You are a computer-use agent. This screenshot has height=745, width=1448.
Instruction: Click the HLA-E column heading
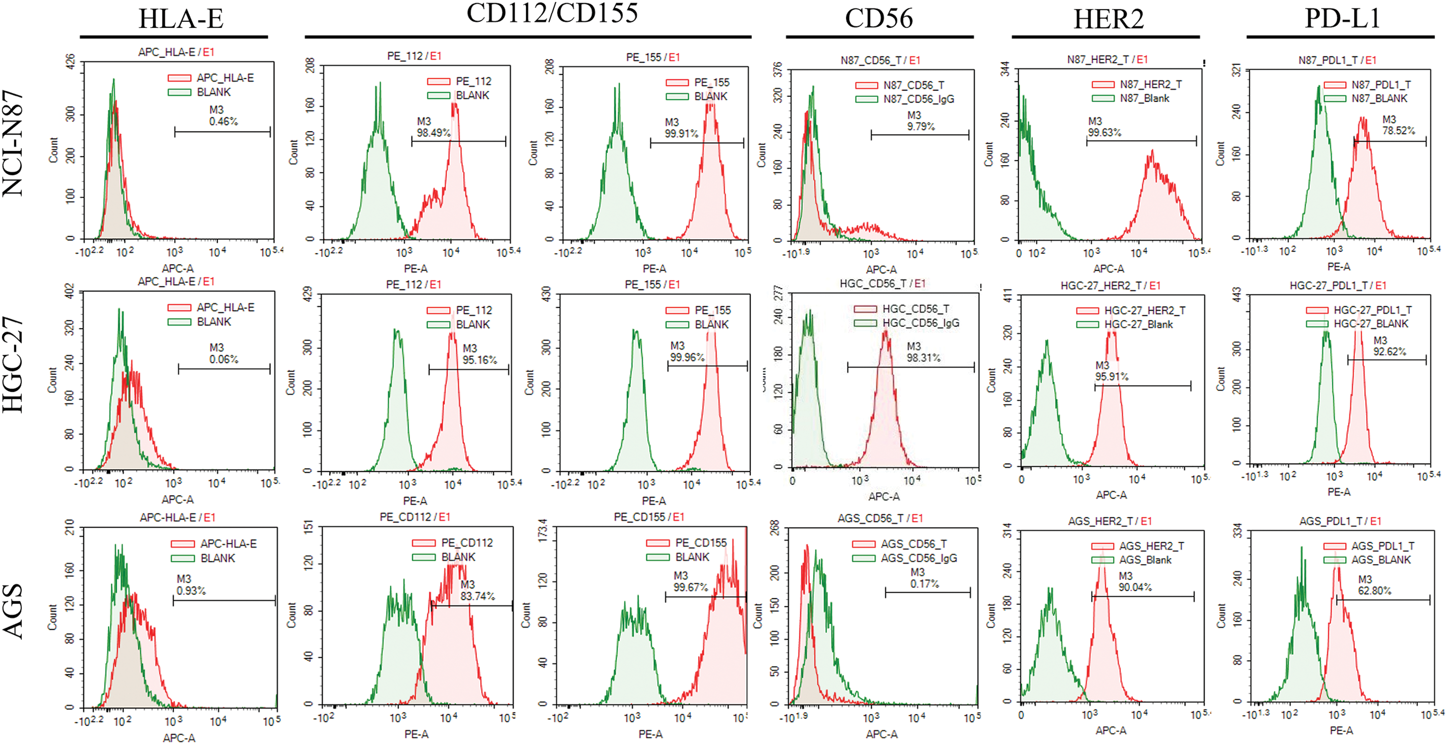180,19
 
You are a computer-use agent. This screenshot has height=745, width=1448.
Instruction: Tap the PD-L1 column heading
1342,19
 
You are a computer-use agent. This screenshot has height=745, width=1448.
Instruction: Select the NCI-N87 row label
14,144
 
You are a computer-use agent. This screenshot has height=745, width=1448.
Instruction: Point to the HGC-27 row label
14,365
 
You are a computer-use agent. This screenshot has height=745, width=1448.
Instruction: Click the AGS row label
14,611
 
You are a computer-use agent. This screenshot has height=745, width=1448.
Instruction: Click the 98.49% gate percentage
433,133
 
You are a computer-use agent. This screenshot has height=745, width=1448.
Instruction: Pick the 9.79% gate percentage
921,126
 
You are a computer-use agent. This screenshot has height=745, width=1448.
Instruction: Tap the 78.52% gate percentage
1399,131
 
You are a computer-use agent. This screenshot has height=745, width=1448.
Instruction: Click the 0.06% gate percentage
224,359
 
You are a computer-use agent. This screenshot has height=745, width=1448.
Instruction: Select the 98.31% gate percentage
924,358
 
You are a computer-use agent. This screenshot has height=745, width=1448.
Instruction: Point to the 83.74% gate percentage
477,596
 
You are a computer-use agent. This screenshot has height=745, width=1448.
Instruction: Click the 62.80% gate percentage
1374,591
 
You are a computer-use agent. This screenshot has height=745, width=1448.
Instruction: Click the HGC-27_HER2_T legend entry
1145,310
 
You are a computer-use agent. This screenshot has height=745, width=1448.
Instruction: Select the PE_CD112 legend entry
466,543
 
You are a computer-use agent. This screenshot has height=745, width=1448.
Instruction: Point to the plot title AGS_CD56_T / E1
879,518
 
